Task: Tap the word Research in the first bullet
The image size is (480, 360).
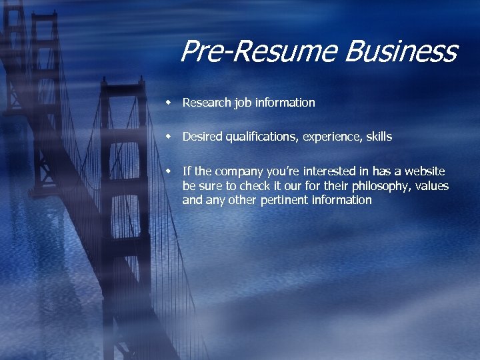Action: tap(206, 103)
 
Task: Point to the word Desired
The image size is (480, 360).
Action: tap(203, 137)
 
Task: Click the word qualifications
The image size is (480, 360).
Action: tap(262, 137)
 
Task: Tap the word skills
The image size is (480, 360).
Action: tap(378, 137)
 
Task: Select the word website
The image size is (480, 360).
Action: tap(423, 172)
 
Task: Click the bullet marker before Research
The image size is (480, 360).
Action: tap(170, 102)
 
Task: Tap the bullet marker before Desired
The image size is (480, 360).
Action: tap(170, 136)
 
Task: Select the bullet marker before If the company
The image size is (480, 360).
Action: tap(170, 171)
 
